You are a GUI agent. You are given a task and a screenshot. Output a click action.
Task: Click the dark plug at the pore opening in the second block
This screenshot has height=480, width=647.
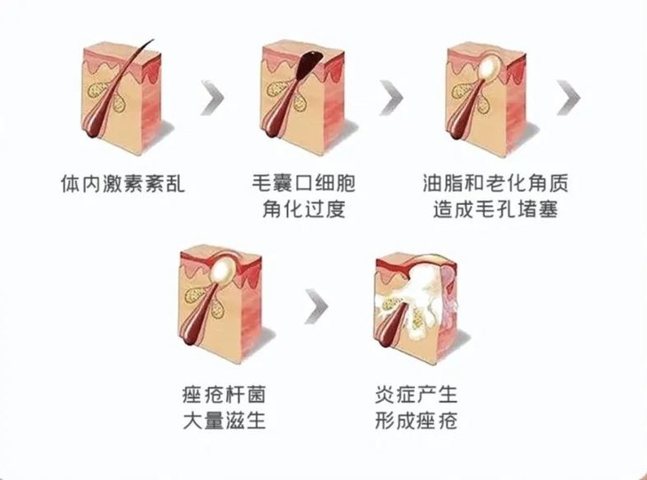pyautogui.click(x=309, y=63)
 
